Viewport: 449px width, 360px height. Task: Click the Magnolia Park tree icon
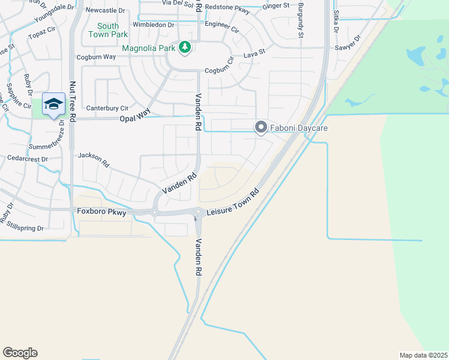185,47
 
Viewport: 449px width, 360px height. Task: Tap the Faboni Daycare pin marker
261,127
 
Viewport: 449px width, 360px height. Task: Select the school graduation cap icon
53,104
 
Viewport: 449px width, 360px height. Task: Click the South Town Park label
108,30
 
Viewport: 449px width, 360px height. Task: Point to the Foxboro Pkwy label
102,211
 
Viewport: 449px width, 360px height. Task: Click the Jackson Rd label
94,160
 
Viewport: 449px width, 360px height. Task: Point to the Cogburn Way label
96,57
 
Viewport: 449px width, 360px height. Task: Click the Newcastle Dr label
106,11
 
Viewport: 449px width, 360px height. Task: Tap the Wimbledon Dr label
153,25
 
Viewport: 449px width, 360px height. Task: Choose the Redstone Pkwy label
226,7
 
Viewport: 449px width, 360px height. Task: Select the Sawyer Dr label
348,46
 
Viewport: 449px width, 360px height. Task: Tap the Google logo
20,353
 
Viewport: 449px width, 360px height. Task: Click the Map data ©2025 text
423,355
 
